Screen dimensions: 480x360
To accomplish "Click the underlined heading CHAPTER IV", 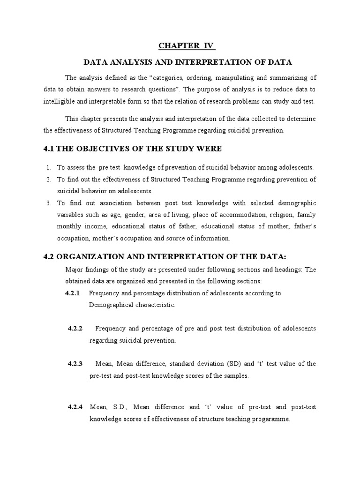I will pyautogui.click(x=186, y=45).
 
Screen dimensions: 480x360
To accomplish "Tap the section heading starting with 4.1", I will pyautogui.click(x=126, y=149).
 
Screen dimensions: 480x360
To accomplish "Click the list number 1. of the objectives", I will pyautogui.click(x=48, y=167).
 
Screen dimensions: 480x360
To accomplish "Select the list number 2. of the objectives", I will pyautogui.click(x=48, y=180).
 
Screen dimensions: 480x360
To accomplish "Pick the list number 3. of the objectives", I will pyautogui.click(x=48, y=203).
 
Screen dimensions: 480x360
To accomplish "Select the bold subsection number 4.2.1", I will pyautogui.click(x=73, y=293).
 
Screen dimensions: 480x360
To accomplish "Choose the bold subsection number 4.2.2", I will pyautogui.click(x=75, y=329).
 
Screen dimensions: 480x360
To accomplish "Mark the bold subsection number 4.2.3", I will pyautogui.click(x=75, y=364).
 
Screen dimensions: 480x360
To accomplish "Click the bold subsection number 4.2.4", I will pyautogui.click(x=75, y=407).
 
